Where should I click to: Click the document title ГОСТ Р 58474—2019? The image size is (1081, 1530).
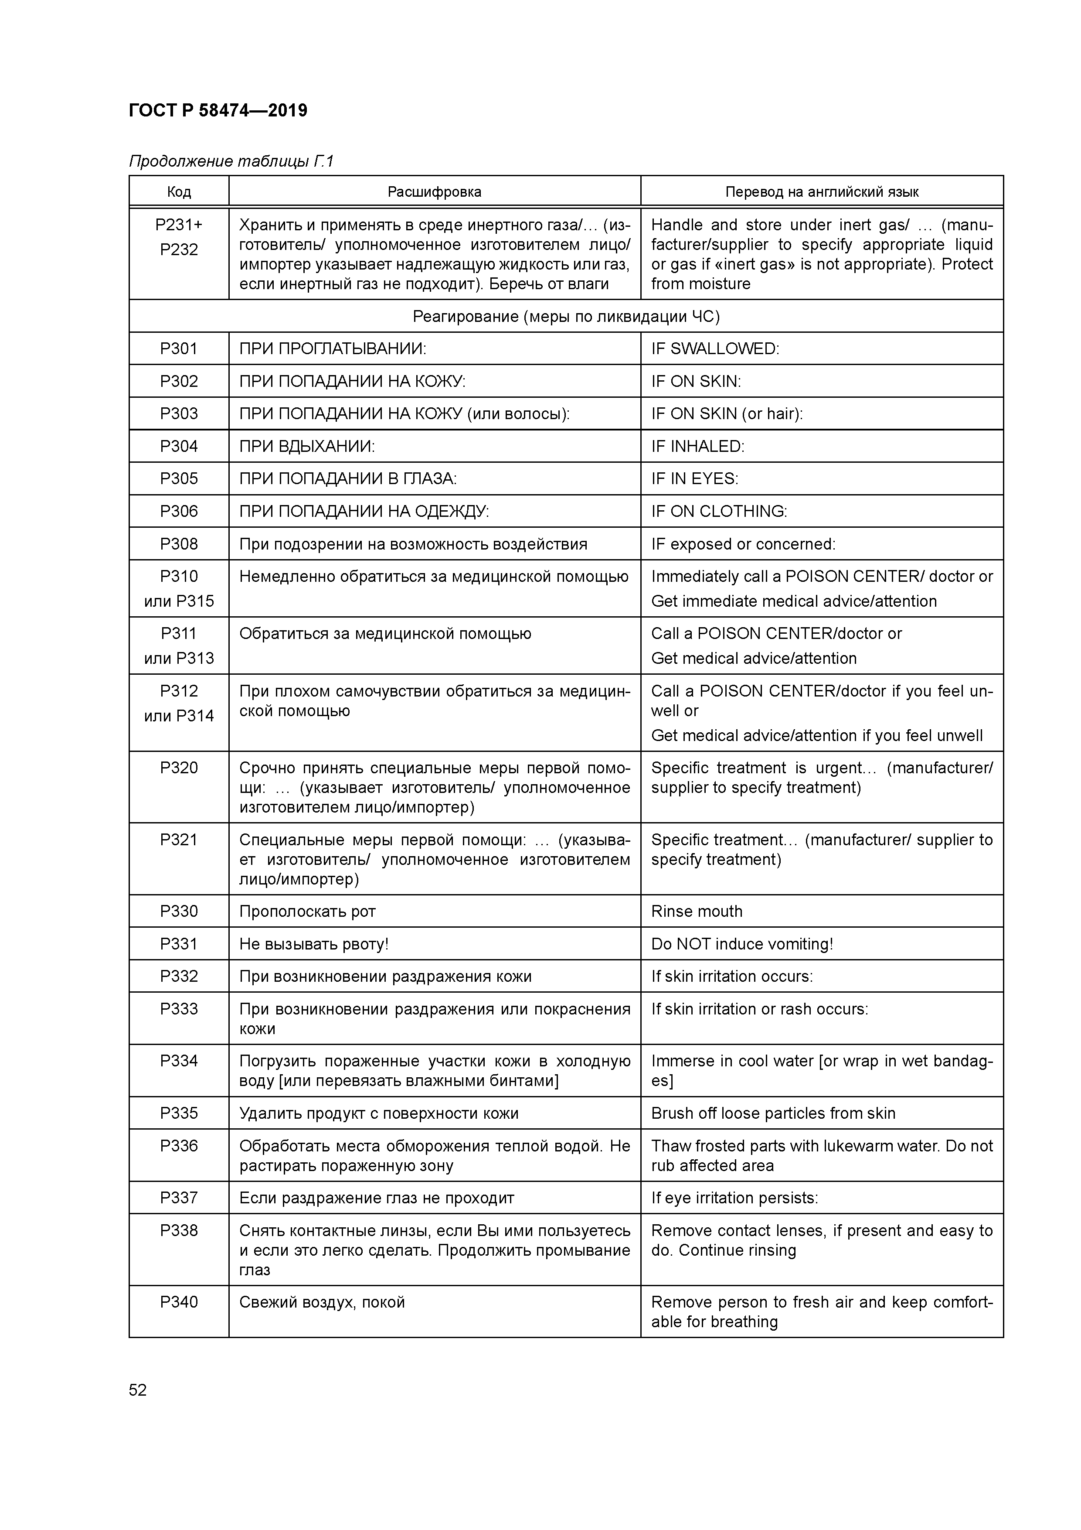218,111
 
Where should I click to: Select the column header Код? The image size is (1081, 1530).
179,192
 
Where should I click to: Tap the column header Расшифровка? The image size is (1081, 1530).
434,192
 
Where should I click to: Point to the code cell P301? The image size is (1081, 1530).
179,348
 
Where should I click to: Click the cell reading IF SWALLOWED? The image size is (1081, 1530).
715,348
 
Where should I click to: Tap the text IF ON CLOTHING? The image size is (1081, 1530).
719,511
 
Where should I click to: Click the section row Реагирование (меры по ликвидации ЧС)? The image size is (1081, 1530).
566,316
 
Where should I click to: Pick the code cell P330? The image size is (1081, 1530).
179,911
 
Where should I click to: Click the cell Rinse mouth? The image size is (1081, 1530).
696,911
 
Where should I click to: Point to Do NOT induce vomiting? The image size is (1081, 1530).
741,943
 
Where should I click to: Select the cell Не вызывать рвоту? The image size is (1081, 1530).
313,943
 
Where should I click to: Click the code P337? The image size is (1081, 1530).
179,1198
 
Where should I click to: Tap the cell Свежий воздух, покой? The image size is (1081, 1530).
322,1302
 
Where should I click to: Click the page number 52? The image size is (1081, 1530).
137,1390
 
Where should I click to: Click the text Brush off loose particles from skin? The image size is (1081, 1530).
773,1113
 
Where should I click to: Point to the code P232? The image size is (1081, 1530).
179,249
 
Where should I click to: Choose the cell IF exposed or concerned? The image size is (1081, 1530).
743,544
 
